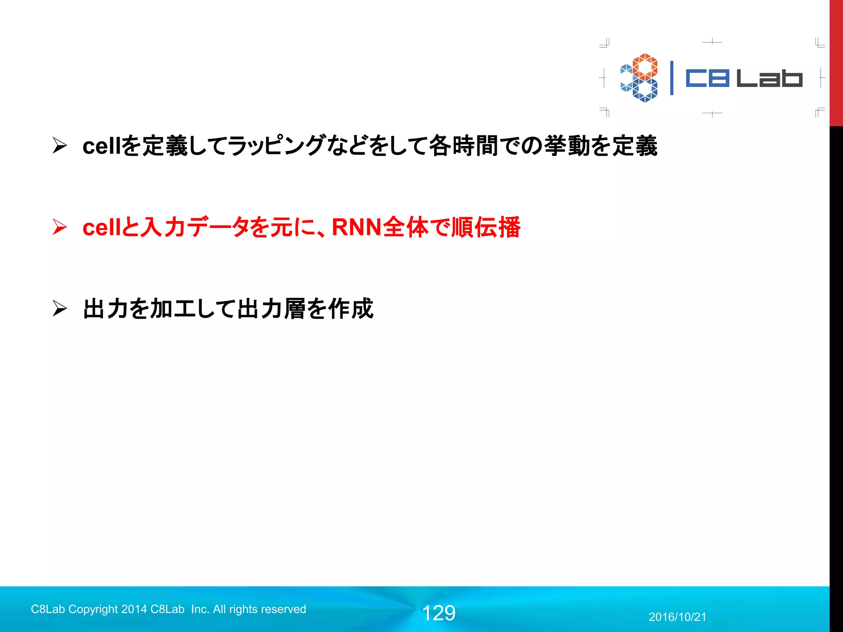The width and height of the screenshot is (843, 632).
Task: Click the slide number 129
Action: (x=439, y=613)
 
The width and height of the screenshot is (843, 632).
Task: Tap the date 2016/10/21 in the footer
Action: (x=677, y=617)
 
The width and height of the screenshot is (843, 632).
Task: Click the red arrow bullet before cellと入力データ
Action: (x=60, y=227)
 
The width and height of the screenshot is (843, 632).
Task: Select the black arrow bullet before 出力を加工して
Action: (x=60, y=309)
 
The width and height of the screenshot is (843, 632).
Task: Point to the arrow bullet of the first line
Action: (x=60, y=146)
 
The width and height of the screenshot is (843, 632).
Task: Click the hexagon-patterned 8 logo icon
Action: (x=639, y=78)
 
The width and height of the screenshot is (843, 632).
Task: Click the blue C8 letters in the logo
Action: (x=708, y=78)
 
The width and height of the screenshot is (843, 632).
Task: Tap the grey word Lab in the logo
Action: (x=769, y=78)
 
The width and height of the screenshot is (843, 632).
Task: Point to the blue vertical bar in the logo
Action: (x=672, y=78)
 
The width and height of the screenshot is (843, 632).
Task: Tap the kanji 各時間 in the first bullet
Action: (x=463, y=146)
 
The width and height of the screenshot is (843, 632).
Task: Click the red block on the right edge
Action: (x=836, y=62)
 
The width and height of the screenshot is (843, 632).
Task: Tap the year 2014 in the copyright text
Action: (x=134, y=609)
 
